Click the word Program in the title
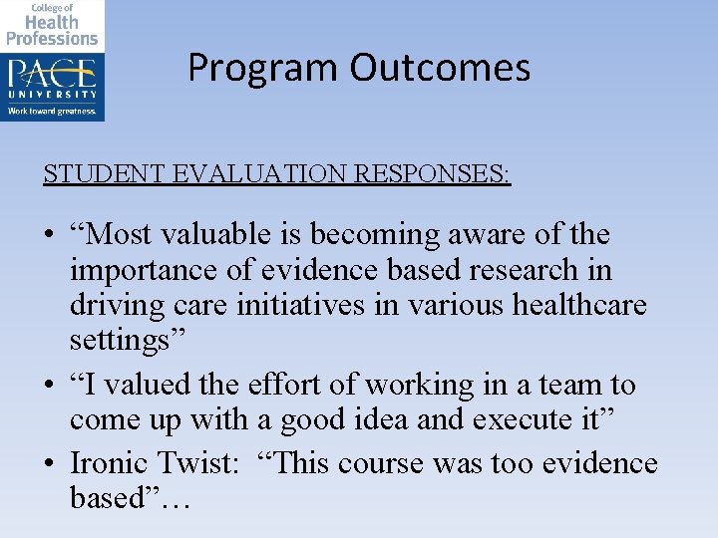point(263,69)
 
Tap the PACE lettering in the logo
point(52,74)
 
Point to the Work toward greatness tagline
point(52,112)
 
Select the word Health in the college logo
point(52,21)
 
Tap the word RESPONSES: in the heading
point(438,174)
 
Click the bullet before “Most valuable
point(49,236)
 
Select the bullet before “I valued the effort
point(49,386)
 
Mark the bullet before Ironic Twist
point(49,464)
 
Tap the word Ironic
point(108,463)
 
